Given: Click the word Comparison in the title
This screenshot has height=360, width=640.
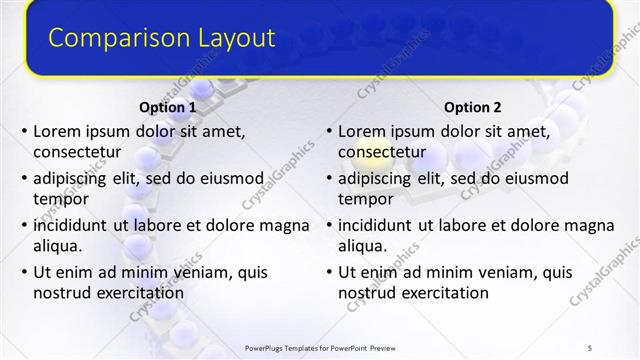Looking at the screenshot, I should click(x=112, y=39).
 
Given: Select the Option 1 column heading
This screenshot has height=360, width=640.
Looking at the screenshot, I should click(x=165, y=107).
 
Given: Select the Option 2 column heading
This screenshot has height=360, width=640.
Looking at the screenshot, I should click(x=473, y=107).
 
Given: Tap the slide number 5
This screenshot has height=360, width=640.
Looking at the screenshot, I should click(x=590, y=347).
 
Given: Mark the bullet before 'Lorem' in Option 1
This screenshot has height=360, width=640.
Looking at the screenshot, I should click(x=23, y=131).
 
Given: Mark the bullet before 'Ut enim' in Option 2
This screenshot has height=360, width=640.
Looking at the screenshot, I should click(x=328, y=271).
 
